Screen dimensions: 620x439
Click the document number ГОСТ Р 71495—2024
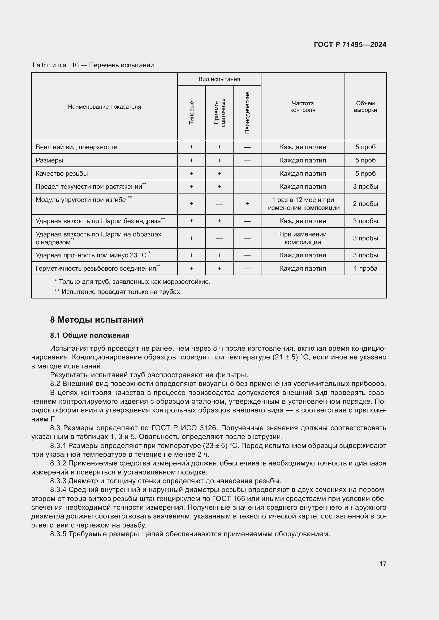[350, 45]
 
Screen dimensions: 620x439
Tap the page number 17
[382, 564]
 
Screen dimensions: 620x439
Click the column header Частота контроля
[303, 107]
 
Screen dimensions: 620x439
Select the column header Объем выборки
[365, 107]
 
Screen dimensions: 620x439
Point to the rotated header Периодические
[247, 113]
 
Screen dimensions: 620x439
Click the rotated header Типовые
[191, 113]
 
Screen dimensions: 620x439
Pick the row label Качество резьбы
[62, 174]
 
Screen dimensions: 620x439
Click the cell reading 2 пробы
[365, 204]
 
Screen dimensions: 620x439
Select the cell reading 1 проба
[365, 269]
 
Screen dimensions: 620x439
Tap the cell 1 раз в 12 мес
[303, 200]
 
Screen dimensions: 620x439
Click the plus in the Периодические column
[247, 204]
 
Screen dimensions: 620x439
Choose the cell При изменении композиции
[303, 238]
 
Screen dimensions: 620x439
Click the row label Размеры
[49, 160]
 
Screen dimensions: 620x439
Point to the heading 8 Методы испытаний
[97, 320]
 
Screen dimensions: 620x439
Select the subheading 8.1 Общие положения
[90, 335]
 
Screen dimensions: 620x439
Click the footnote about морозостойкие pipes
[132, 282]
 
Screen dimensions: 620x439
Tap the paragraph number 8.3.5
[58, 534]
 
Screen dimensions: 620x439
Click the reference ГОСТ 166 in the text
[229, 499]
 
